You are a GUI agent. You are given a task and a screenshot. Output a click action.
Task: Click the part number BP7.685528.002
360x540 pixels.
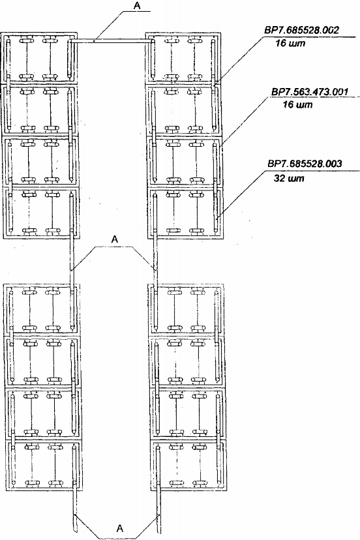point(301,29)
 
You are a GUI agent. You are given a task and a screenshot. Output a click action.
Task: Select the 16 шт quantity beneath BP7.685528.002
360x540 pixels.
point(290,44)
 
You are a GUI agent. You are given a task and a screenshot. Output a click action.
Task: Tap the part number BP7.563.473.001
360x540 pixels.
point(310,91)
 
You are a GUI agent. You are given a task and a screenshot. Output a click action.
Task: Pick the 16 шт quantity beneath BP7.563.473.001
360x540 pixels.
point(297,104)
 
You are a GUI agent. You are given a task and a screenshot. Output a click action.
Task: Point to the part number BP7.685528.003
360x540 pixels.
point(305,164)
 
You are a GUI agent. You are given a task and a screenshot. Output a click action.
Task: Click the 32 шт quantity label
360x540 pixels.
point(289,179)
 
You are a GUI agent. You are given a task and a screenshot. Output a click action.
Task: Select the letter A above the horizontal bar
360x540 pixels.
point(136,7)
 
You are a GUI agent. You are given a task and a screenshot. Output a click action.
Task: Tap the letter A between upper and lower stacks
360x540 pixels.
point(115,240)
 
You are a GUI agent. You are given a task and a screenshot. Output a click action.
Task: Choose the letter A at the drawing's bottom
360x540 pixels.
point(120,528)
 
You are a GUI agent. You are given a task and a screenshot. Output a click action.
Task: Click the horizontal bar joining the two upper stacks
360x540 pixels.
point(112,41)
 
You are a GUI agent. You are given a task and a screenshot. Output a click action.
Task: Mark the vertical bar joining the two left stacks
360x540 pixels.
point(72,260)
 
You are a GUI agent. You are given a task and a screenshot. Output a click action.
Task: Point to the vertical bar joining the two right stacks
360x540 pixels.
point(155,260)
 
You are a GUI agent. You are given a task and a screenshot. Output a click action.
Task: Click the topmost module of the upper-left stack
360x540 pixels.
point(39,58)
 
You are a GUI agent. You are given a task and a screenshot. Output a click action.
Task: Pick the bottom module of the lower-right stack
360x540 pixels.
point(188,465)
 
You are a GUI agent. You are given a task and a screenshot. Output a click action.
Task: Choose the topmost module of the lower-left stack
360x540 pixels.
point(42,309)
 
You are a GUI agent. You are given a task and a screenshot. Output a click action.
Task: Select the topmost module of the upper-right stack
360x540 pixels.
point(183,58)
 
